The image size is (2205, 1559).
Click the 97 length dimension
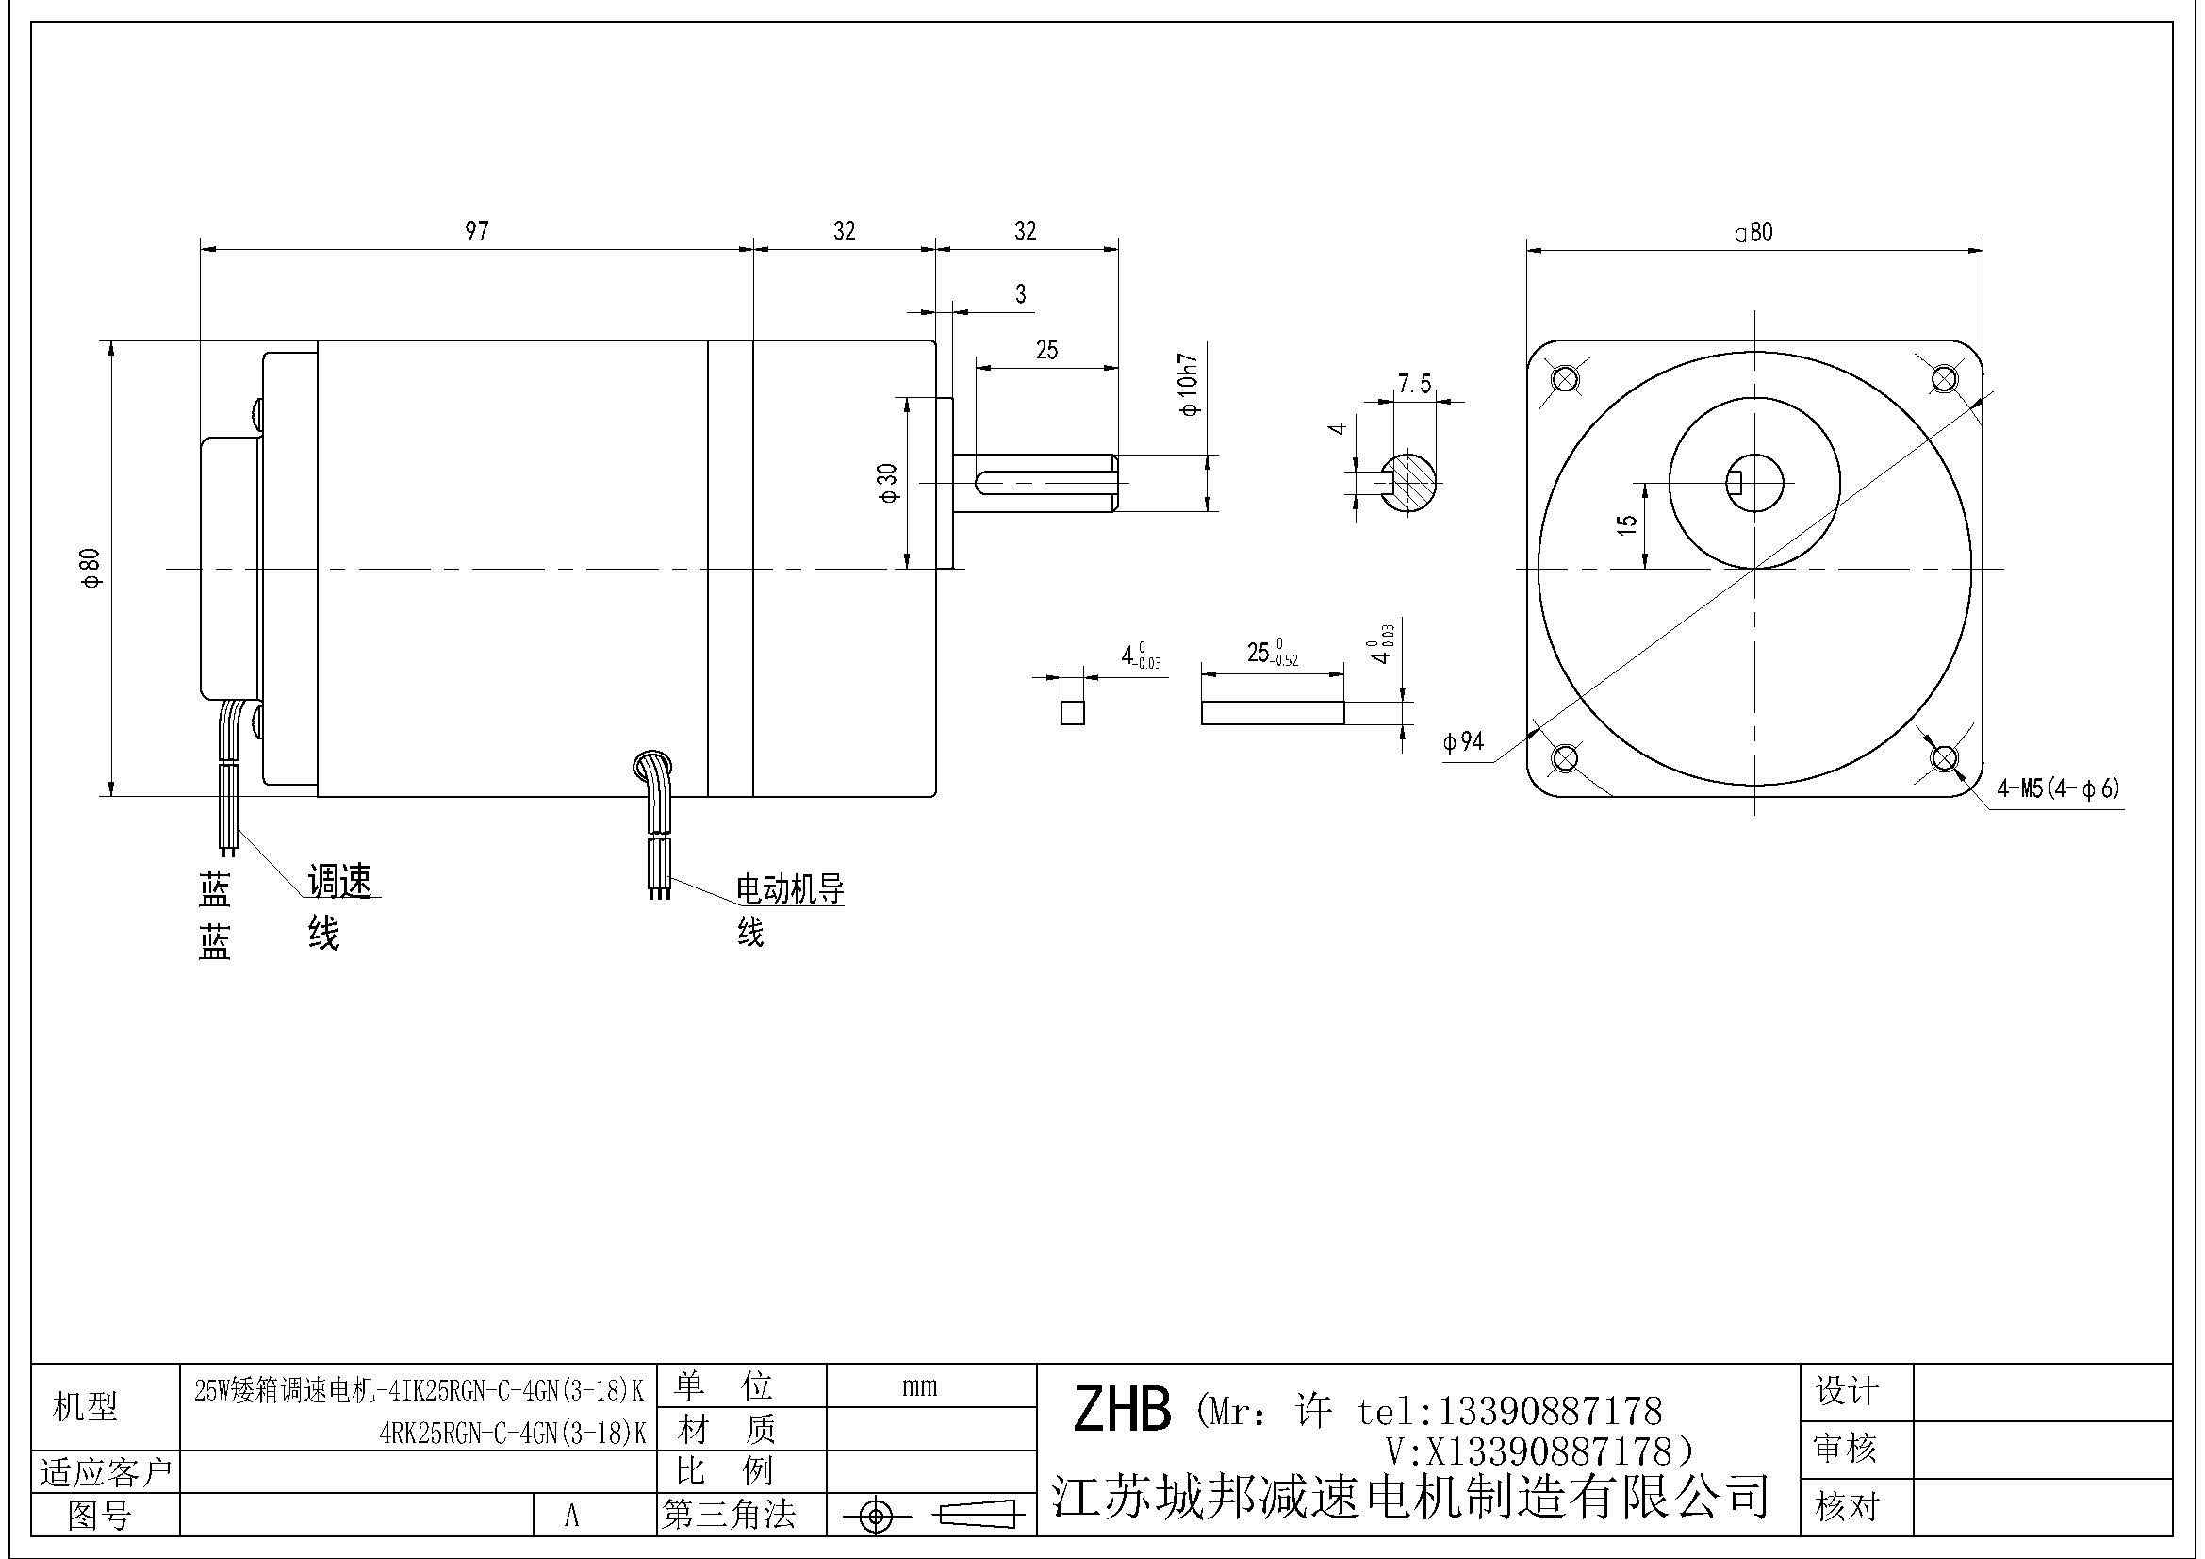point(476,231)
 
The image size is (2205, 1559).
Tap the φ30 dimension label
point(888,482)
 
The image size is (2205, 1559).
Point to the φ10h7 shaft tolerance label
point(1191,385)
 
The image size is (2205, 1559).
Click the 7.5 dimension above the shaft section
point(1414,385)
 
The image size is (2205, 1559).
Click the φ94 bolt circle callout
point(1463,741)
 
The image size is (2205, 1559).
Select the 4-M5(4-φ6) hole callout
point(2057,789)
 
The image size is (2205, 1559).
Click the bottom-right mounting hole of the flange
point(1944,758)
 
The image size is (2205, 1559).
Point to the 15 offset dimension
point(1627,524)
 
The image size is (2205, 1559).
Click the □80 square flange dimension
point(1753,232)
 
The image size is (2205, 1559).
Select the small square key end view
point(1073,712)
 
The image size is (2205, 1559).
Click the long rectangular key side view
point(1272,712)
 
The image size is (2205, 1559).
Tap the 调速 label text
point(339,881)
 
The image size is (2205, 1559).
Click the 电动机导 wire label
point(789,889)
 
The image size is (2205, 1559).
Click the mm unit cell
point(919,1386)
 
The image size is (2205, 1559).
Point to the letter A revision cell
point(571,1516)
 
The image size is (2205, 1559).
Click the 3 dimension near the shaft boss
point(1020,294)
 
